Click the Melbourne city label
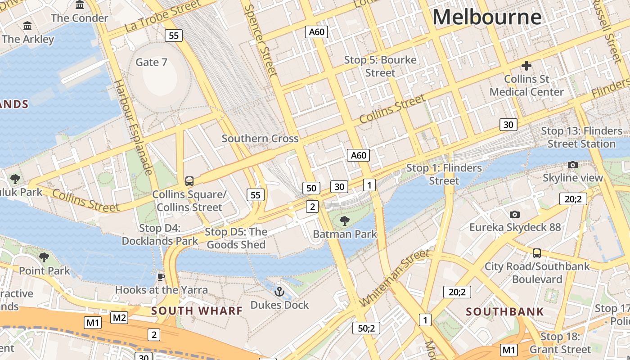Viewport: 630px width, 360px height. point(487,18)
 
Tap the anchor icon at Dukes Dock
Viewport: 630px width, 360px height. point(279,292)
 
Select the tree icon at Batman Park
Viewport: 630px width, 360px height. point(344,220)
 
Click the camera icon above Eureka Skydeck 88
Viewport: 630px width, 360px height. point(515,214)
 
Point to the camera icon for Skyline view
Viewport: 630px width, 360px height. point(572,165)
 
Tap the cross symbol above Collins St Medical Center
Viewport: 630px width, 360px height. point(526,66)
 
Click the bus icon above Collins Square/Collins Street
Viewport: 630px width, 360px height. point(189,181)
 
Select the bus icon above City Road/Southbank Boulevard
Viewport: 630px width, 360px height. point(536,253)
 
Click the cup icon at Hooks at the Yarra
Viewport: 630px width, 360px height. point(161,276)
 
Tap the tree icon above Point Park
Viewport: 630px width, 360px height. point(44,257)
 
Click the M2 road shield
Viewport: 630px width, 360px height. point(119,318)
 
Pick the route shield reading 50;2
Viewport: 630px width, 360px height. point(366,328)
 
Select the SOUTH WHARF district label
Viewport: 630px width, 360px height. point(197,310)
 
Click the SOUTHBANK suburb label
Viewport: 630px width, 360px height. point(505,311)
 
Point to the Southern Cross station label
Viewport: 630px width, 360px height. point(260,139)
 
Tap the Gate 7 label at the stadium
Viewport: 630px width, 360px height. point(151,62)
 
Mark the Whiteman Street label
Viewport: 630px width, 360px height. point(395,278)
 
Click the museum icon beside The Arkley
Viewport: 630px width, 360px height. point(27,26)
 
